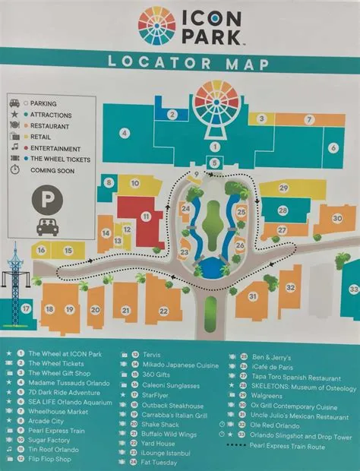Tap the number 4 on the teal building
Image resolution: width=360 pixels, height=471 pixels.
(x=123, y=133)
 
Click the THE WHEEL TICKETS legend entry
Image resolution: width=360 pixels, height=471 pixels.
(x=61, y=159)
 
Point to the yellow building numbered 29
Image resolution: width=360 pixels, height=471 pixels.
(x=283, y=188)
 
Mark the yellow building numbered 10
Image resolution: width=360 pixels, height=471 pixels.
(x=132, y=183)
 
